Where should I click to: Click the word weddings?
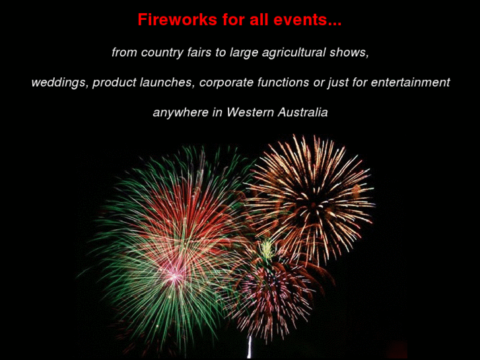[x=59, y=83]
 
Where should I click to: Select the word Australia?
[x=302, y=112]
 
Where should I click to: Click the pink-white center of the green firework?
[x=174, y=274]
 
